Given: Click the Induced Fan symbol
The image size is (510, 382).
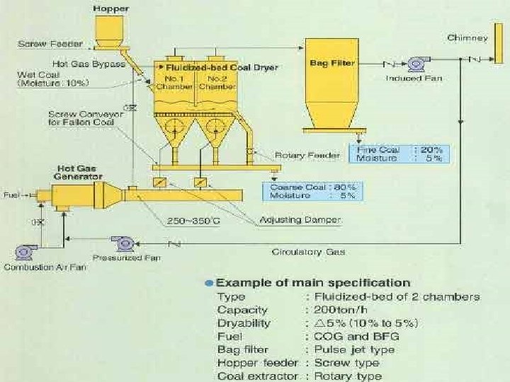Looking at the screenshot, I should click(x=415, y=64).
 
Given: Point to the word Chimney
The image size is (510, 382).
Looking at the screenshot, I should click(x=467, y=37).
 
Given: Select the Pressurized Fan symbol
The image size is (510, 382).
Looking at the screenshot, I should click(x=125, y=243).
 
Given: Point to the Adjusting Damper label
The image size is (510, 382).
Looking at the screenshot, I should click(x=290, y=220).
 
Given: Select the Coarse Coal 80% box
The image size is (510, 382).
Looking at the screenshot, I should click(x=312, y=190).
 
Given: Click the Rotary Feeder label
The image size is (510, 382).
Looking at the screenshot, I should click(x=303, y=155).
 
